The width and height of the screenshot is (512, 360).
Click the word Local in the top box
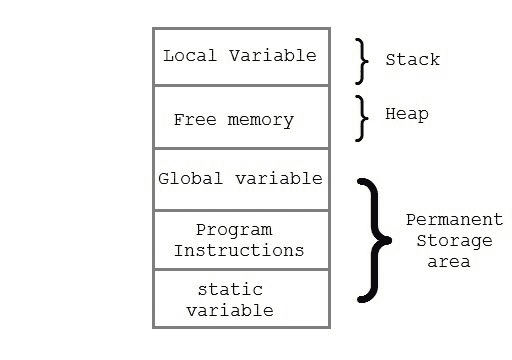tap(187, 55)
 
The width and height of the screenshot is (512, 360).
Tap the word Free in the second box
tap(194, 120)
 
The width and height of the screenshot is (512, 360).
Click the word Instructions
tap(239, 250)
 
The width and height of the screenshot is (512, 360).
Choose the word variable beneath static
tap(235, 310)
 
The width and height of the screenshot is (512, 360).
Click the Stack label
tap(412, 60)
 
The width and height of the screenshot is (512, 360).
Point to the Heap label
tap(407, 114)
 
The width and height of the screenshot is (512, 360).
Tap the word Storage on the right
tap(454, 240)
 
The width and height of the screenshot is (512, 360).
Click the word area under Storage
tap(448, 261)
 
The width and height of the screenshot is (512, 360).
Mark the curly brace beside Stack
tap(362, 61)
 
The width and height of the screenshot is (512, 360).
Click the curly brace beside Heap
tap(362, 118)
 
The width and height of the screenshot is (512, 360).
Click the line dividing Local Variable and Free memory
tap(240, 86)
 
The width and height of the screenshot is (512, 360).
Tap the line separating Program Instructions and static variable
tap(240, 269)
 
